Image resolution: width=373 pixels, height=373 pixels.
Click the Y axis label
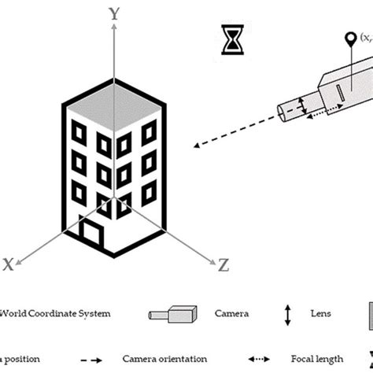click(x=115, y=13)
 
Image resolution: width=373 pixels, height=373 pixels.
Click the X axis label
click(x=9, y=265)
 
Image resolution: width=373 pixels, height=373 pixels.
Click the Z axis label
click(x=223, y=265)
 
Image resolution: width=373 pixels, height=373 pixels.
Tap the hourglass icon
click(x=233, y=40)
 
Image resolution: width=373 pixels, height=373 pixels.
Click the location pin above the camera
click(x=348, y=39)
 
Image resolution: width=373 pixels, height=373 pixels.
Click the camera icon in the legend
click(x=172, y=314)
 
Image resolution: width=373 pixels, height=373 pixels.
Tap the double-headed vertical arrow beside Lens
click(x=288, y=314)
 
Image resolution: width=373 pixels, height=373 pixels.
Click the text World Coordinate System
click(x=55, y=313)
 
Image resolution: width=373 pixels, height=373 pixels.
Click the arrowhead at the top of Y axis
click(x=115, y=28)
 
